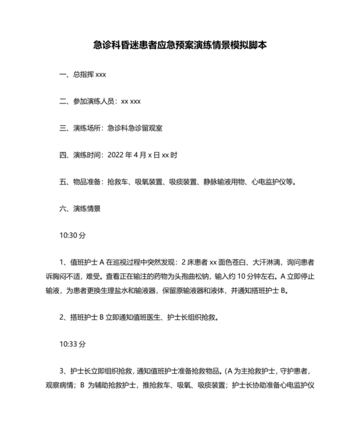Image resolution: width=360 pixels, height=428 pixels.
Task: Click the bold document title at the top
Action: (x=179, y=46)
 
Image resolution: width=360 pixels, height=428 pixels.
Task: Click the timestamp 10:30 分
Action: (x=72, y=236)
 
